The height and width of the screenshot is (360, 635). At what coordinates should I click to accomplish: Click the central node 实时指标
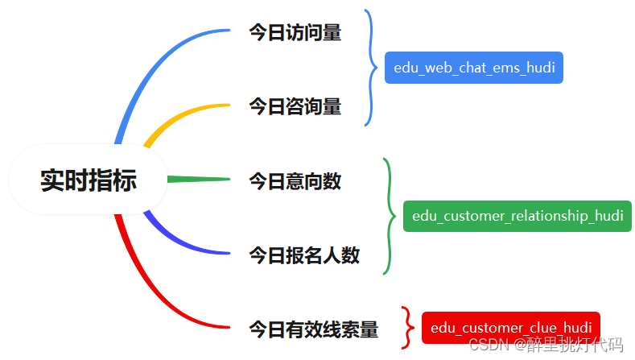click(89, 180)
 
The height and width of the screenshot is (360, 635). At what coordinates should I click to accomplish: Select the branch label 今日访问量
click(295, 33)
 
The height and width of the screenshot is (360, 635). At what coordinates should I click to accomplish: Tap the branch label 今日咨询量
click(295, 106)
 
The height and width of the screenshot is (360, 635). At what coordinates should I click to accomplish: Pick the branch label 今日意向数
click(295, 181)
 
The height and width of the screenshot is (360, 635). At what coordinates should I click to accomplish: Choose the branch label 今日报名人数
click(304, 256)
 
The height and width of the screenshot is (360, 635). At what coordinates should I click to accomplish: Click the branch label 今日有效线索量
click(313, 329)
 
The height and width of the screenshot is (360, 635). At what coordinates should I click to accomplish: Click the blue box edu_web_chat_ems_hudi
click(474, 68)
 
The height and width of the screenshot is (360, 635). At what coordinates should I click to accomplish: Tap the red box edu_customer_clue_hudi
click(511, 328)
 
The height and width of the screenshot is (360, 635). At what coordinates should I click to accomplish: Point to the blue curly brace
click(371, 68)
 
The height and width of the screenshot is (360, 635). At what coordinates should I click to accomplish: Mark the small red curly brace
click(408, 327)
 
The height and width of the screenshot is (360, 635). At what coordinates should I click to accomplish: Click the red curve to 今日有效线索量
click(153, 290)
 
